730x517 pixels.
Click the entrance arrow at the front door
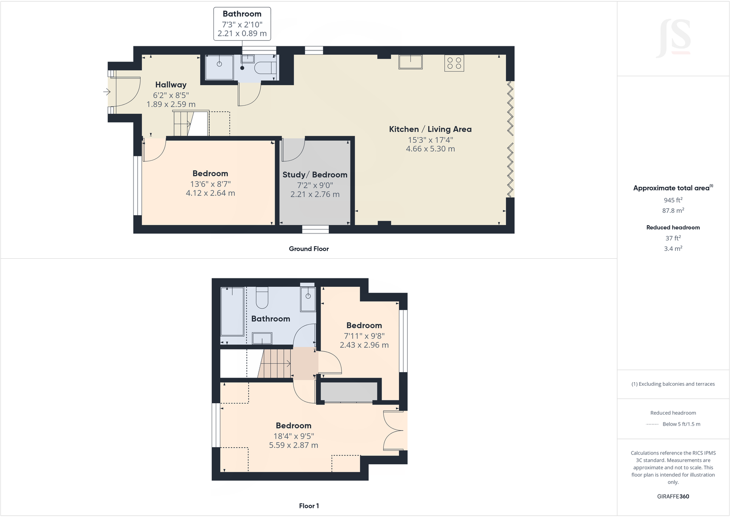pyautogui.click(x=107, y=92)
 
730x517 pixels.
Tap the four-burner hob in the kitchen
pyautogui.click(x=454, y=63)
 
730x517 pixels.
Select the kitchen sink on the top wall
pyautogui.click(x=410, y=62)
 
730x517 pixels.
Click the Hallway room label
pyautogui.click(x=171, y=85)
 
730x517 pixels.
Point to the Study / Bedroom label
pyautogui.click(x=315, y=175)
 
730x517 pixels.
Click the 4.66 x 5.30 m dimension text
pyautogui.click(x=430, y=149)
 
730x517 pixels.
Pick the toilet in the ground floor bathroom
pyautogui.click(x=265, y=68)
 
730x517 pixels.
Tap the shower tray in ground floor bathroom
pyautogui.click(x=219, y=67)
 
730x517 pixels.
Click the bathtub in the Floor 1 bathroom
pyautogui.click(x=232, y=311)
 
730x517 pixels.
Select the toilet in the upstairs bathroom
pyautogui.click(x=262, y=299)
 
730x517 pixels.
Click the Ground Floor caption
pyautogui.click(x=309, y=249)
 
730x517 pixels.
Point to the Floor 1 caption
pyautogui.click(x=309, y=506)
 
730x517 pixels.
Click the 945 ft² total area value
pyautogui.click(x=673, y=200)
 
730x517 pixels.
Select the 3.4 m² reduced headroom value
pyautogui.click(x=673, y=249)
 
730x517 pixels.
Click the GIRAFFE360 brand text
pyautogui.click(x=673, y=496)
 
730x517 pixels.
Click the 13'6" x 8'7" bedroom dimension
pyautogui.click(x=210, y=184)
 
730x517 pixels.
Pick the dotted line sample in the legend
pyautogui.click(x=652, y=424)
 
